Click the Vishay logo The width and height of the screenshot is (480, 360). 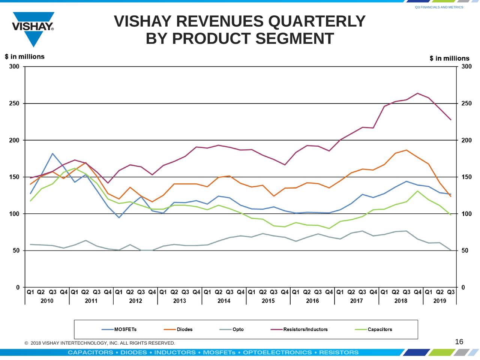pos(33,28)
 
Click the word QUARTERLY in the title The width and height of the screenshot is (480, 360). pos(317,21)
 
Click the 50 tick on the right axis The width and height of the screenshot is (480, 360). pos(465,250)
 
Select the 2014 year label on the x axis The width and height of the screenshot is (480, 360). pos(224,301)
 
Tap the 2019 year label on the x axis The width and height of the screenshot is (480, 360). pos(439,301)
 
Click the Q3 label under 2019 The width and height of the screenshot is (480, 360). pos(451,292)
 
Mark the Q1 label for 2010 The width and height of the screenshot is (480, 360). pos(30,292)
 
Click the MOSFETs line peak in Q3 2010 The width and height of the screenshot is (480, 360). pos(52,153)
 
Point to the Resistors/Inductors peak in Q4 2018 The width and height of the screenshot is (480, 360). pos(418,93)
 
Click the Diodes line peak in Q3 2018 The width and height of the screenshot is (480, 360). pos(406,150)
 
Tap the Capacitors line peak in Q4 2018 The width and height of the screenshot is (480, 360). pos(418,191)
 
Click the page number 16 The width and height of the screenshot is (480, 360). pos(459,342)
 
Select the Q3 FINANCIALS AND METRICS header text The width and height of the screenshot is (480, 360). pos(439,7)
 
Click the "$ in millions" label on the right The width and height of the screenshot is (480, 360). pos(449,58)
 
